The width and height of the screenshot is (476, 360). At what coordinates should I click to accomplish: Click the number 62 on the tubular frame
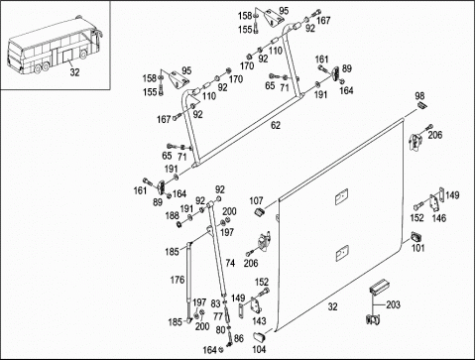[x=276, y=126]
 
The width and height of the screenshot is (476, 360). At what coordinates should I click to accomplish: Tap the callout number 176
[x=178, y=280]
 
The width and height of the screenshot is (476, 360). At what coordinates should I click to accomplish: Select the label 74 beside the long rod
[x=230, y=263]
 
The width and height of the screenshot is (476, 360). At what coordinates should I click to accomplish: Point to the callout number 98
[x=419, y=96]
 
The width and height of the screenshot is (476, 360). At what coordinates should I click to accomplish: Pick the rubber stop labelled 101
[x=416, y=237]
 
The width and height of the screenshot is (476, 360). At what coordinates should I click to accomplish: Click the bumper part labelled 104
[x=259, y=336]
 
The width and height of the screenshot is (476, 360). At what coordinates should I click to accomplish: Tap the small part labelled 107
[x=261, y=212]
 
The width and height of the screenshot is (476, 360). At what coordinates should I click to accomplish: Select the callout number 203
[x=393, y=304]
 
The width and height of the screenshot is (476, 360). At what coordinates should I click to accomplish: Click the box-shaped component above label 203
[x=379, y=286]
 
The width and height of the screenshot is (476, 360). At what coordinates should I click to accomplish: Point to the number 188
[x=172, y=215]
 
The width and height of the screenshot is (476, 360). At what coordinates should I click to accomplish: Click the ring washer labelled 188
[x=178, y=224]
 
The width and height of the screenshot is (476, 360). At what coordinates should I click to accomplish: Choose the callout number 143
[x=259, y=320]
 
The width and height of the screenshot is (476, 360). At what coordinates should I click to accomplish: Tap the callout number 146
[x=439, y=218]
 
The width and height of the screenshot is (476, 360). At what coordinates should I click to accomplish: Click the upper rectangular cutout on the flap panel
[x=341, y=196]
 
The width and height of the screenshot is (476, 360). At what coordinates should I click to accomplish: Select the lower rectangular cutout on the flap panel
[x=342, y=253]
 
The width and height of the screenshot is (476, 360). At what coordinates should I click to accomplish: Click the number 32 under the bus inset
[x=74, y=72]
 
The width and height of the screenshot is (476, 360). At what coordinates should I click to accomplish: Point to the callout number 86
[x=239, y=338]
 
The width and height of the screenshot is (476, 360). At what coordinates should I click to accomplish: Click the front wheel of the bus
[x=84, y=55]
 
